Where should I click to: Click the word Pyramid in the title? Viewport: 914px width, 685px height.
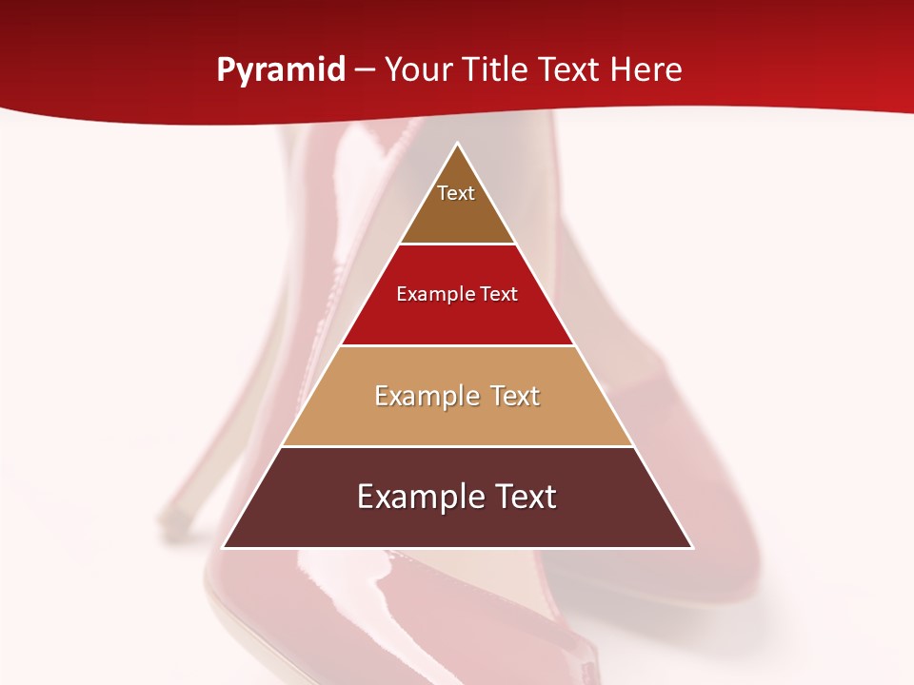(x=280, y=70)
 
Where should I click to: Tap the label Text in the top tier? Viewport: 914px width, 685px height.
(x=456, y=194)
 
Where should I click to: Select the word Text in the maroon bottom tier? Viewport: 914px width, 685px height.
(x=520, y=497)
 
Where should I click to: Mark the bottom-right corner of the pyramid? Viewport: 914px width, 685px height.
(x=691, y=547)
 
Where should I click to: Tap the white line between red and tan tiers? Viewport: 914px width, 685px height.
(x=457, y=345)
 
